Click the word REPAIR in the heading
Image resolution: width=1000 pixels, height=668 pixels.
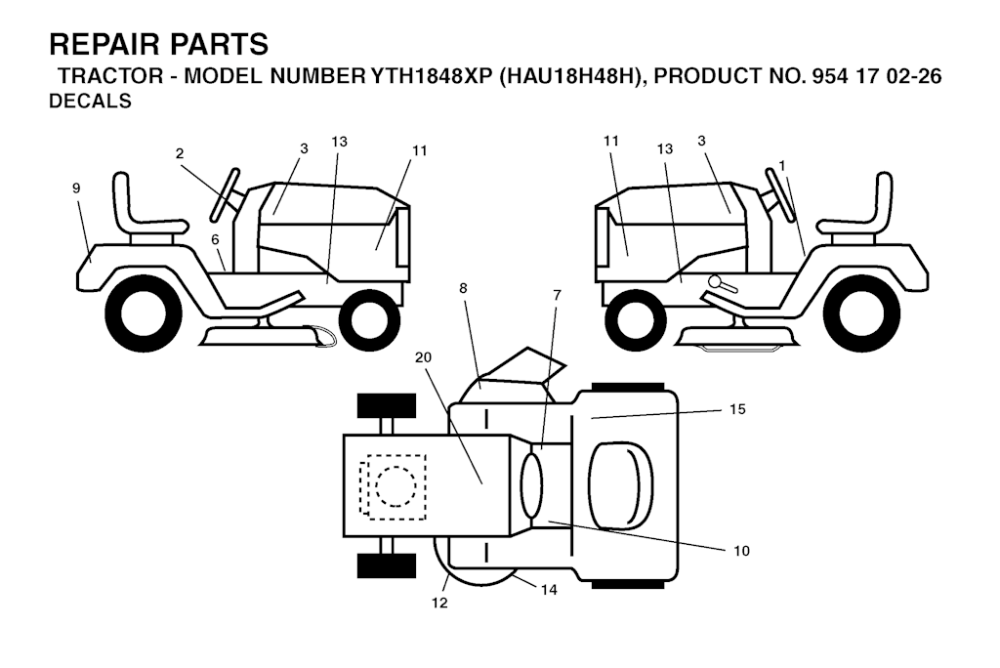point(104,45)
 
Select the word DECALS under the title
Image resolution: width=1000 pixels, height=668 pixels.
point(90,101)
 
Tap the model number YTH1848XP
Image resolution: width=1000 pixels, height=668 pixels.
point(431,76)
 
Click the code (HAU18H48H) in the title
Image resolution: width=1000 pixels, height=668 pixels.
point(570,76)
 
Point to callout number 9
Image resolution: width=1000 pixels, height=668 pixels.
point(76,188)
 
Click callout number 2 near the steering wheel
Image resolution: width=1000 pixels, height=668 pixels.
point(180,153)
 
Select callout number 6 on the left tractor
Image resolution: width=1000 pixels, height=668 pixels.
point(215,239)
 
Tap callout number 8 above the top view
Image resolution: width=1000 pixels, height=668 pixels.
point(463,288)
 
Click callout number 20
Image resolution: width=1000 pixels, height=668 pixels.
point(424,357)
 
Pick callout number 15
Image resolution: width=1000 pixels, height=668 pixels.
point(737,409)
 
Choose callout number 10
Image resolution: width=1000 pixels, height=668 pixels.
point(742,551)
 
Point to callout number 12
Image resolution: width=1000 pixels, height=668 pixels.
point(439,603)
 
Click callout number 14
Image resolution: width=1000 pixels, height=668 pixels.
point(549,590)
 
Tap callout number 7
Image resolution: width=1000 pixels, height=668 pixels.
point(558,295)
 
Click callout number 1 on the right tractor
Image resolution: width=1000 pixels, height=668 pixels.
point(782,166)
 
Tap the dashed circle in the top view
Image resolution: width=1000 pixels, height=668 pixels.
point(396,486)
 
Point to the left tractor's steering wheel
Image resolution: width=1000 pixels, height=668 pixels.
point(225,193)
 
